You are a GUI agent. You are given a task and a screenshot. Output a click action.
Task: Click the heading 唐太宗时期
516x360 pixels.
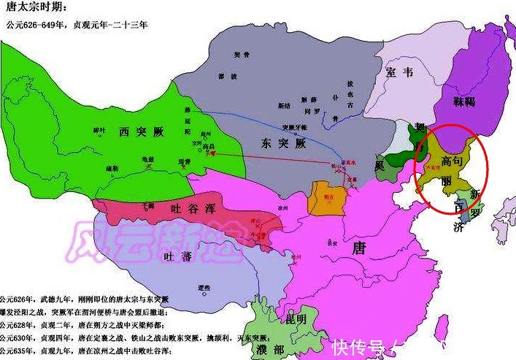tap(36, 8)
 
